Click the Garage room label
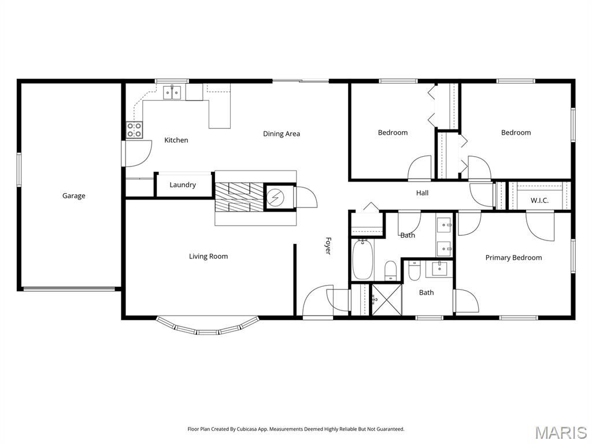pos(73,196)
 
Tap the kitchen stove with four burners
pos(135,129)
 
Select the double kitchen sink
pos(172,92)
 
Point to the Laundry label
pos(183,185)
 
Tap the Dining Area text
pos(282,134)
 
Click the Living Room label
pos(208,256)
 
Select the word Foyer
pos(328,246)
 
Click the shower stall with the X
pos(386,299)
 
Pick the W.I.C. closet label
pos(539,201)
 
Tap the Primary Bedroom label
pos(513,258)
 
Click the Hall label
pos(423,193)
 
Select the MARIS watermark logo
pos(560,432)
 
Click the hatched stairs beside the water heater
pos(239,196)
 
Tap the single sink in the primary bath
pos(439,269)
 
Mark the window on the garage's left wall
pos(18,169)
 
